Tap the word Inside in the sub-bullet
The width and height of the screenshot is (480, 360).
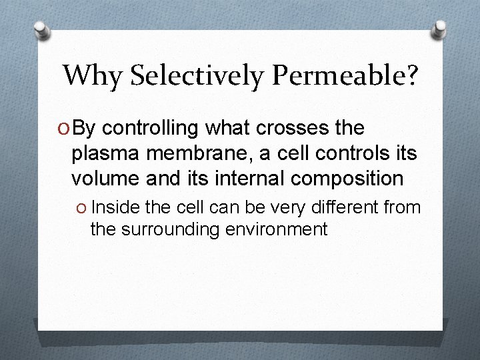(x=127, y=208)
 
